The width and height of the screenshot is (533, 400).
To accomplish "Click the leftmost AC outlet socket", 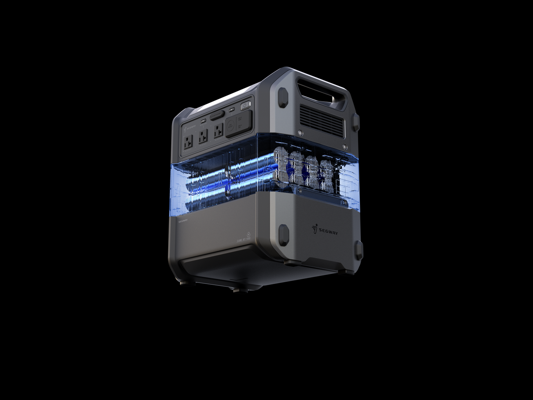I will [x=188, y=141].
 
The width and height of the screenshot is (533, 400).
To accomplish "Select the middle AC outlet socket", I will [x=203, y=137].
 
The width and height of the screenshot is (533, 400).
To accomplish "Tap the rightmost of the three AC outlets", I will [x=218, y=131].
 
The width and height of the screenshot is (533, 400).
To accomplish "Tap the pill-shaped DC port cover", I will [x=217, y=115].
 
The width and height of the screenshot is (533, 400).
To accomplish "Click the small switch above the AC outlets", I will [x=203, y=120].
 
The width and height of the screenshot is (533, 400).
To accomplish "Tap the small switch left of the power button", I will [x=232, y=109].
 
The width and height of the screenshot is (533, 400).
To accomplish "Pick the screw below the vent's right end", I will [x=344, y=146].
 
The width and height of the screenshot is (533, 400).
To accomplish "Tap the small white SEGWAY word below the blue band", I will [x=183, y=221].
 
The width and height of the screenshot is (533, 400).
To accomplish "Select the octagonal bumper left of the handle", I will [x=283, y=97].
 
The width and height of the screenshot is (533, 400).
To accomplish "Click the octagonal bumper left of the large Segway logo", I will [x=284, y=233].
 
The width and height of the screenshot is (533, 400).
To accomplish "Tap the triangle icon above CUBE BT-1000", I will [x=248, y=234].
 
